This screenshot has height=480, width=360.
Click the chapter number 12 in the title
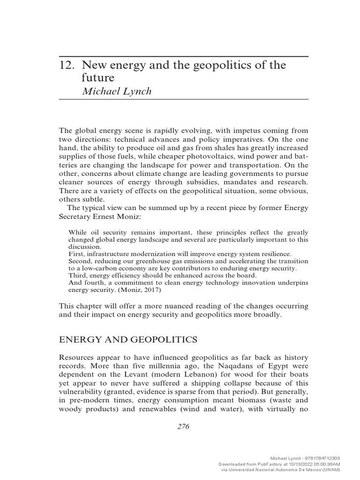[66, 66]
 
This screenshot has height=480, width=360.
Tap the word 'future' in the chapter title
[98, 78]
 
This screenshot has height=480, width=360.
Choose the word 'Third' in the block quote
[77, 275]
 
